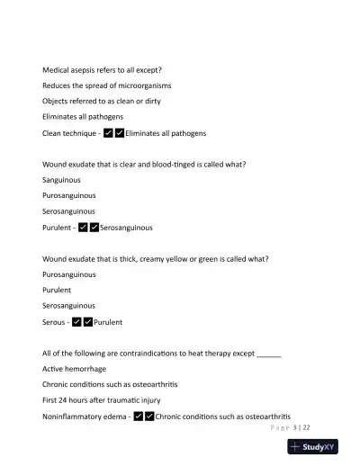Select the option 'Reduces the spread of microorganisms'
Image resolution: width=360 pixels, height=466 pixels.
click(107, 85)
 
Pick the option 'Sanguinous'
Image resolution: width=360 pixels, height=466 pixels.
click(62, 180)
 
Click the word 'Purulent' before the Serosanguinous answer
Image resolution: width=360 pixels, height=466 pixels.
click(57, 228)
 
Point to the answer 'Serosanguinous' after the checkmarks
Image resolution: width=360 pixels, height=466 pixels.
click(126, 228)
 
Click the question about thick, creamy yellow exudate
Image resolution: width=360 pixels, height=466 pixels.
click(155, 259)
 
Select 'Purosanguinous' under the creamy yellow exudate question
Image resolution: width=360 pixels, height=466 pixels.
click(69, 274)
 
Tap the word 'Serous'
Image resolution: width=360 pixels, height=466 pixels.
click(54, 322)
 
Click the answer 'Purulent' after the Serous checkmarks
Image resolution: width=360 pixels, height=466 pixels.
click(108, 322)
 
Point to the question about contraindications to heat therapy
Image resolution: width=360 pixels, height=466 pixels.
click(162, 354)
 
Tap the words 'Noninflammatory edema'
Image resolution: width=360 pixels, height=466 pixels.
click(85, 417)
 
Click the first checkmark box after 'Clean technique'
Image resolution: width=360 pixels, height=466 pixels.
click(108, 133)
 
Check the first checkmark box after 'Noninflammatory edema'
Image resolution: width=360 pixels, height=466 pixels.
click(138, 417)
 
